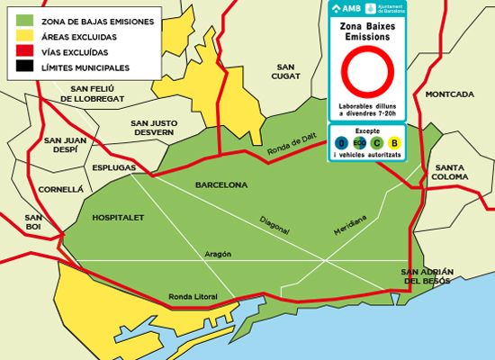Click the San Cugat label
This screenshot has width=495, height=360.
click(x=286, y=73)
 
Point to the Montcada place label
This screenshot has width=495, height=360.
click(x=449, y=94)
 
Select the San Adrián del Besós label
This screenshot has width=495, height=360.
click(x=427, y=275)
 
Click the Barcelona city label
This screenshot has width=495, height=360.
click(x=220, y=184)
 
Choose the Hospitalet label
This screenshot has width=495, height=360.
click(x=117, y=218)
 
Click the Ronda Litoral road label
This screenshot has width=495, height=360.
click(x=193, y=297)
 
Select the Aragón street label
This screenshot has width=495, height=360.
click(x=218, y=254)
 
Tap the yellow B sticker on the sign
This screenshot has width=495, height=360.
click(x=395, y=142)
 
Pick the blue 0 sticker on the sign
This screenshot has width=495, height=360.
click(x=341, y=142)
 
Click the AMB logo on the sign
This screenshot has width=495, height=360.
click(x=346, y=8)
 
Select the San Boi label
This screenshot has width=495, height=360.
click(x=33, y=222)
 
